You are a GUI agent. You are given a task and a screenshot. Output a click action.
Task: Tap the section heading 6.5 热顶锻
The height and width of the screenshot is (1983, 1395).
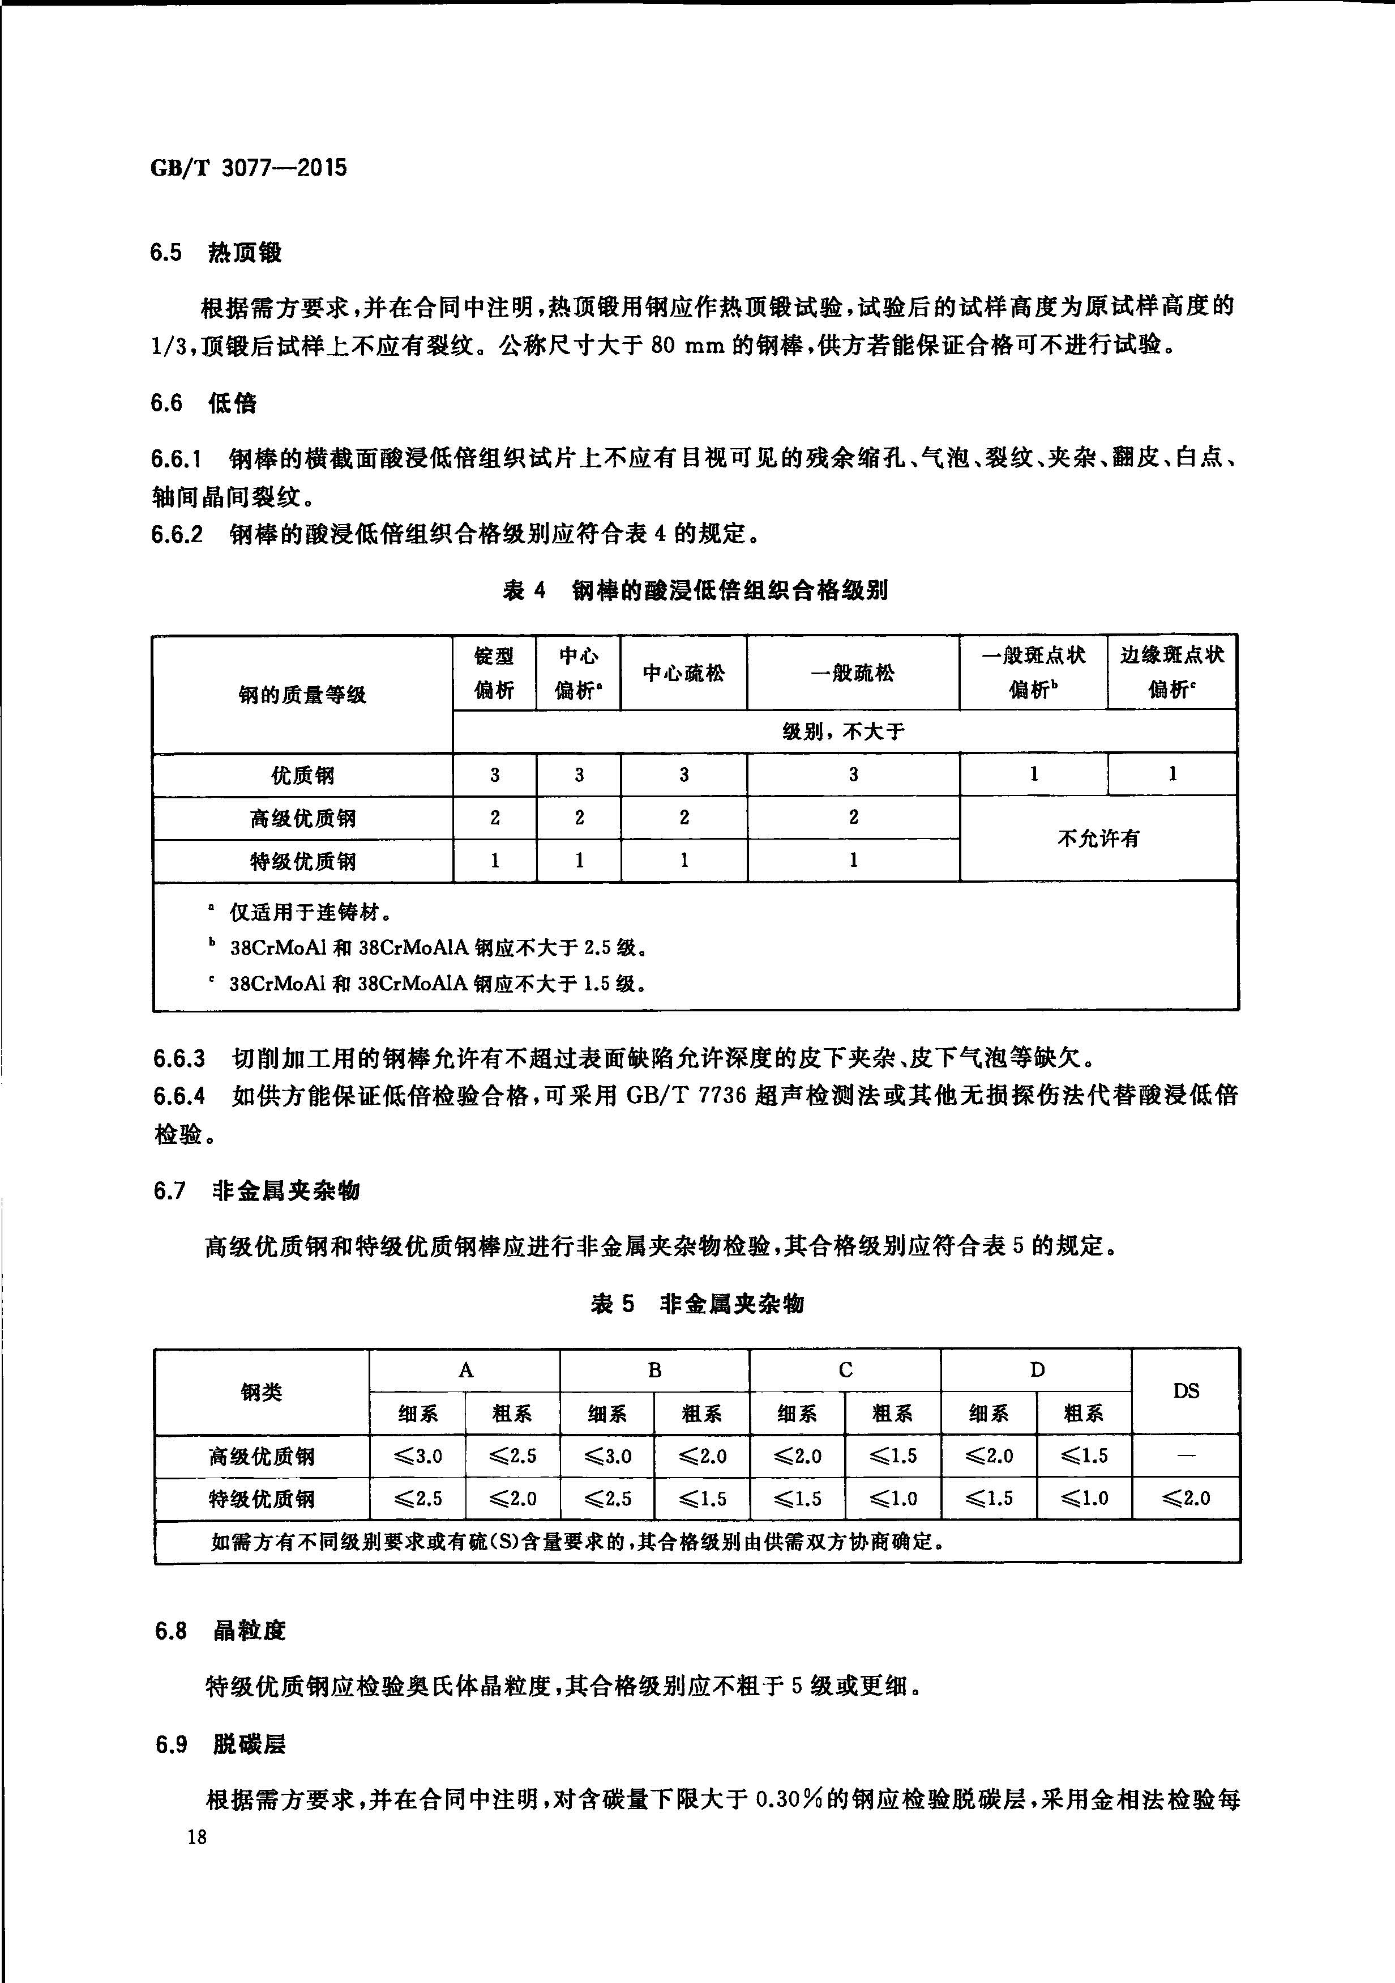pyautogui.click(x=215, y=253)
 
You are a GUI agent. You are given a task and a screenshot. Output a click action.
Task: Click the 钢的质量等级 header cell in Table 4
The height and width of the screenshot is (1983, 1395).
pyautogui.click(x=302, y=695)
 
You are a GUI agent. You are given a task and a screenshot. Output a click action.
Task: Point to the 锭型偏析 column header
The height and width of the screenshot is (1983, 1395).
pyautogui.click(x=495, y=673)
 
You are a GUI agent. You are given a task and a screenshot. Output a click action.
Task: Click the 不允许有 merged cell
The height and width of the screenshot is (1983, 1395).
pyautogui.click(x=1098, y=838)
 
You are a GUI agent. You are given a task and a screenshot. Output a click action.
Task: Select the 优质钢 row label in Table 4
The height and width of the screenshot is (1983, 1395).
pyautogui.click(x=302, y=775)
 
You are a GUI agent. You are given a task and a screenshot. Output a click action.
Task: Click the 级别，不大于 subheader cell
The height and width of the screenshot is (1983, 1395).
pyautogui.click(x=844, y=731)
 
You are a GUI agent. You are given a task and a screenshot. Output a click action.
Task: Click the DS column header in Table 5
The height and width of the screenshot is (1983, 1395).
pyautogui.click(x=1186, y=1390)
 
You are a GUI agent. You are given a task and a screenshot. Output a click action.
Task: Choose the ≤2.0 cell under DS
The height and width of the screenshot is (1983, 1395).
pyautogui.click(x=1186, y=1499)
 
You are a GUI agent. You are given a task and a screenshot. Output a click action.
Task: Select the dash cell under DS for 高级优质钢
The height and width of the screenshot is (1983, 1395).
pyautogui.click(x=1186, y=1456)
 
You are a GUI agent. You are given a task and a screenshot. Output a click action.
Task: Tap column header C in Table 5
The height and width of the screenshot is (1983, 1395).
pyautogui.click(x=845, y=1370)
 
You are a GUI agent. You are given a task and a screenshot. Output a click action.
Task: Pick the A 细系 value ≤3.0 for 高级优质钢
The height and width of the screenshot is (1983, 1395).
pyautogui.click(x=418, y=1456)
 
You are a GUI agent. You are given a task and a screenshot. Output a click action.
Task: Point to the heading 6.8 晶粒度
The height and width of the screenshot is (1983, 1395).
pyautogui.click(x=220, y=1631)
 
